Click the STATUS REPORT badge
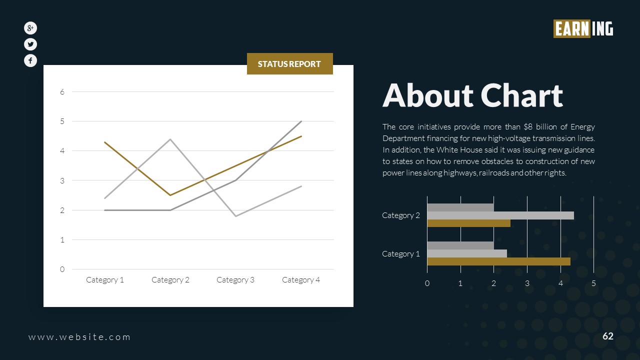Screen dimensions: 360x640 coord(289,64)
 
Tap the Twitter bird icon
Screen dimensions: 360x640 coord(30,44)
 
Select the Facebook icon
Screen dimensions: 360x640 coord(30,60)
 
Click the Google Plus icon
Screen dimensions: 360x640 coord(30,28)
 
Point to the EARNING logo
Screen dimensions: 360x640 coord(583,29)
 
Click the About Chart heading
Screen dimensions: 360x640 coord(472,95)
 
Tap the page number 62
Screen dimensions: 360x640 coord(607,336)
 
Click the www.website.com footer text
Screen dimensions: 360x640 coord(79,337)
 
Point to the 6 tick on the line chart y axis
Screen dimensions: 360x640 coord(62,92)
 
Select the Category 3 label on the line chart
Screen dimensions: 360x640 coord(235,280)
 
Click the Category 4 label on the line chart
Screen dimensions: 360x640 coord(301,280)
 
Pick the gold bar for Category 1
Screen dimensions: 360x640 coord(498,261)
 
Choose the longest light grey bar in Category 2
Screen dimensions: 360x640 coord(500,215)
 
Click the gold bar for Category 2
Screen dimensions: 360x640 coord(468,223)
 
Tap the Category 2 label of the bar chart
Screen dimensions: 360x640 coord(401,215)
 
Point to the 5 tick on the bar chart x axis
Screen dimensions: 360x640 coord(593,283)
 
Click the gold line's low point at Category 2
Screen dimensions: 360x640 coord(170,195)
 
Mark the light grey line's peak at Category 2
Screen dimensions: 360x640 coord(170,139)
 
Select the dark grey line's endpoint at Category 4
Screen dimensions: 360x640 coord(301,121)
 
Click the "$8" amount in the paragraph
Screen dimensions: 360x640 coord(521,127)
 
